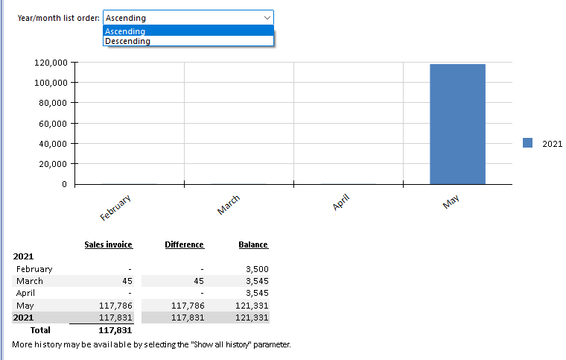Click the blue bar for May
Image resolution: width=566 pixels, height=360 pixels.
457,124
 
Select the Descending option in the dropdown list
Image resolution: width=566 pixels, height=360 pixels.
127,42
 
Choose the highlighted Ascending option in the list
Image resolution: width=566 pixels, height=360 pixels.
125,31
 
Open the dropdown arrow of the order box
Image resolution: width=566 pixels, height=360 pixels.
267,17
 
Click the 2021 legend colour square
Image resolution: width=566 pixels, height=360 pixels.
528,143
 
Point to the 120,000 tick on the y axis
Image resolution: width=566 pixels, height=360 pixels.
51,62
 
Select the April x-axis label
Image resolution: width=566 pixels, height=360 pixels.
340,203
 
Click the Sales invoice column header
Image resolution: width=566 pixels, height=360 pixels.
108,244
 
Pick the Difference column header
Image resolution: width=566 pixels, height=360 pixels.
184,244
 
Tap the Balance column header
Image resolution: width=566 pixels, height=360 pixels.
253,244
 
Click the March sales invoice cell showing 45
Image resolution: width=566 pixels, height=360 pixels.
127,281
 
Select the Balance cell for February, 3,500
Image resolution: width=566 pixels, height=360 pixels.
256,269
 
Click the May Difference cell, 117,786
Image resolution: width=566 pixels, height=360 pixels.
188,306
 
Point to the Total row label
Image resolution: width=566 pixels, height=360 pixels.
39,329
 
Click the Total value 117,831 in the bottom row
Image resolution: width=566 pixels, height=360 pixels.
115,329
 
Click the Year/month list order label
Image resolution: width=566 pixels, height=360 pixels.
58,17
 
